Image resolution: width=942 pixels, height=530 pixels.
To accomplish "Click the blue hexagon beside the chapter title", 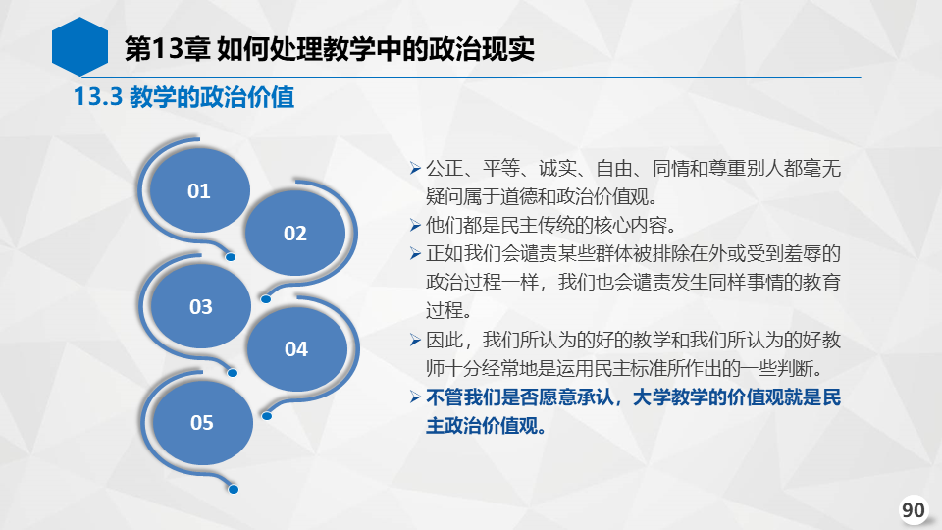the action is coord(79,47).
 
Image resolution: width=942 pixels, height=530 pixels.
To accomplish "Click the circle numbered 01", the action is coord(199,190).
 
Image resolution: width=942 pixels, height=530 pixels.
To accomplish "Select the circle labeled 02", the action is coord(295,233).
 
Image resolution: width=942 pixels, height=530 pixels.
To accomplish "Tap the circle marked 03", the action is coord(200,306).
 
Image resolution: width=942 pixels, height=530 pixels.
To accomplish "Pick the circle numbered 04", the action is coord(296,348).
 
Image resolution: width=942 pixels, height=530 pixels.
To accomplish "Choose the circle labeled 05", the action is coord(202,422).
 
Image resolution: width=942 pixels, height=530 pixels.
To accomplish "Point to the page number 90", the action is coord(914,509).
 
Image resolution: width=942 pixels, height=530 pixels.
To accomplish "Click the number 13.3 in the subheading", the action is coord(98,97).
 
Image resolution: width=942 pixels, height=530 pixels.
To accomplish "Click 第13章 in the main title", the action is coord(167,49).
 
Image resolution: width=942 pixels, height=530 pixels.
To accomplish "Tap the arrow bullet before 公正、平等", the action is coord(415,168).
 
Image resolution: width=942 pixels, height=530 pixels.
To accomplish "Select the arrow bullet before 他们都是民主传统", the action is coord(415,226).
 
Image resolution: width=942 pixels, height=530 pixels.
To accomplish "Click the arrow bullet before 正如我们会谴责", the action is coord(415,253).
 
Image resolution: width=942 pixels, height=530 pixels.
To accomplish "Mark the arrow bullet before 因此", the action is coord(415,341).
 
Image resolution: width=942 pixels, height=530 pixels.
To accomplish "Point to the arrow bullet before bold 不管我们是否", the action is coord(415,397).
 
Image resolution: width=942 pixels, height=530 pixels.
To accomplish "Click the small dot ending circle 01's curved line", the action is coord(230,257).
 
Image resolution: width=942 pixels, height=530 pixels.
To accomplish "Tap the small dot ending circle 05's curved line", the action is coord(234,489).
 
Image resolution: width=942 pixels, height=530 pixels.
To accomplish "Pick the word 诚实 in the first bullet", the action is coord(557,168).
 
